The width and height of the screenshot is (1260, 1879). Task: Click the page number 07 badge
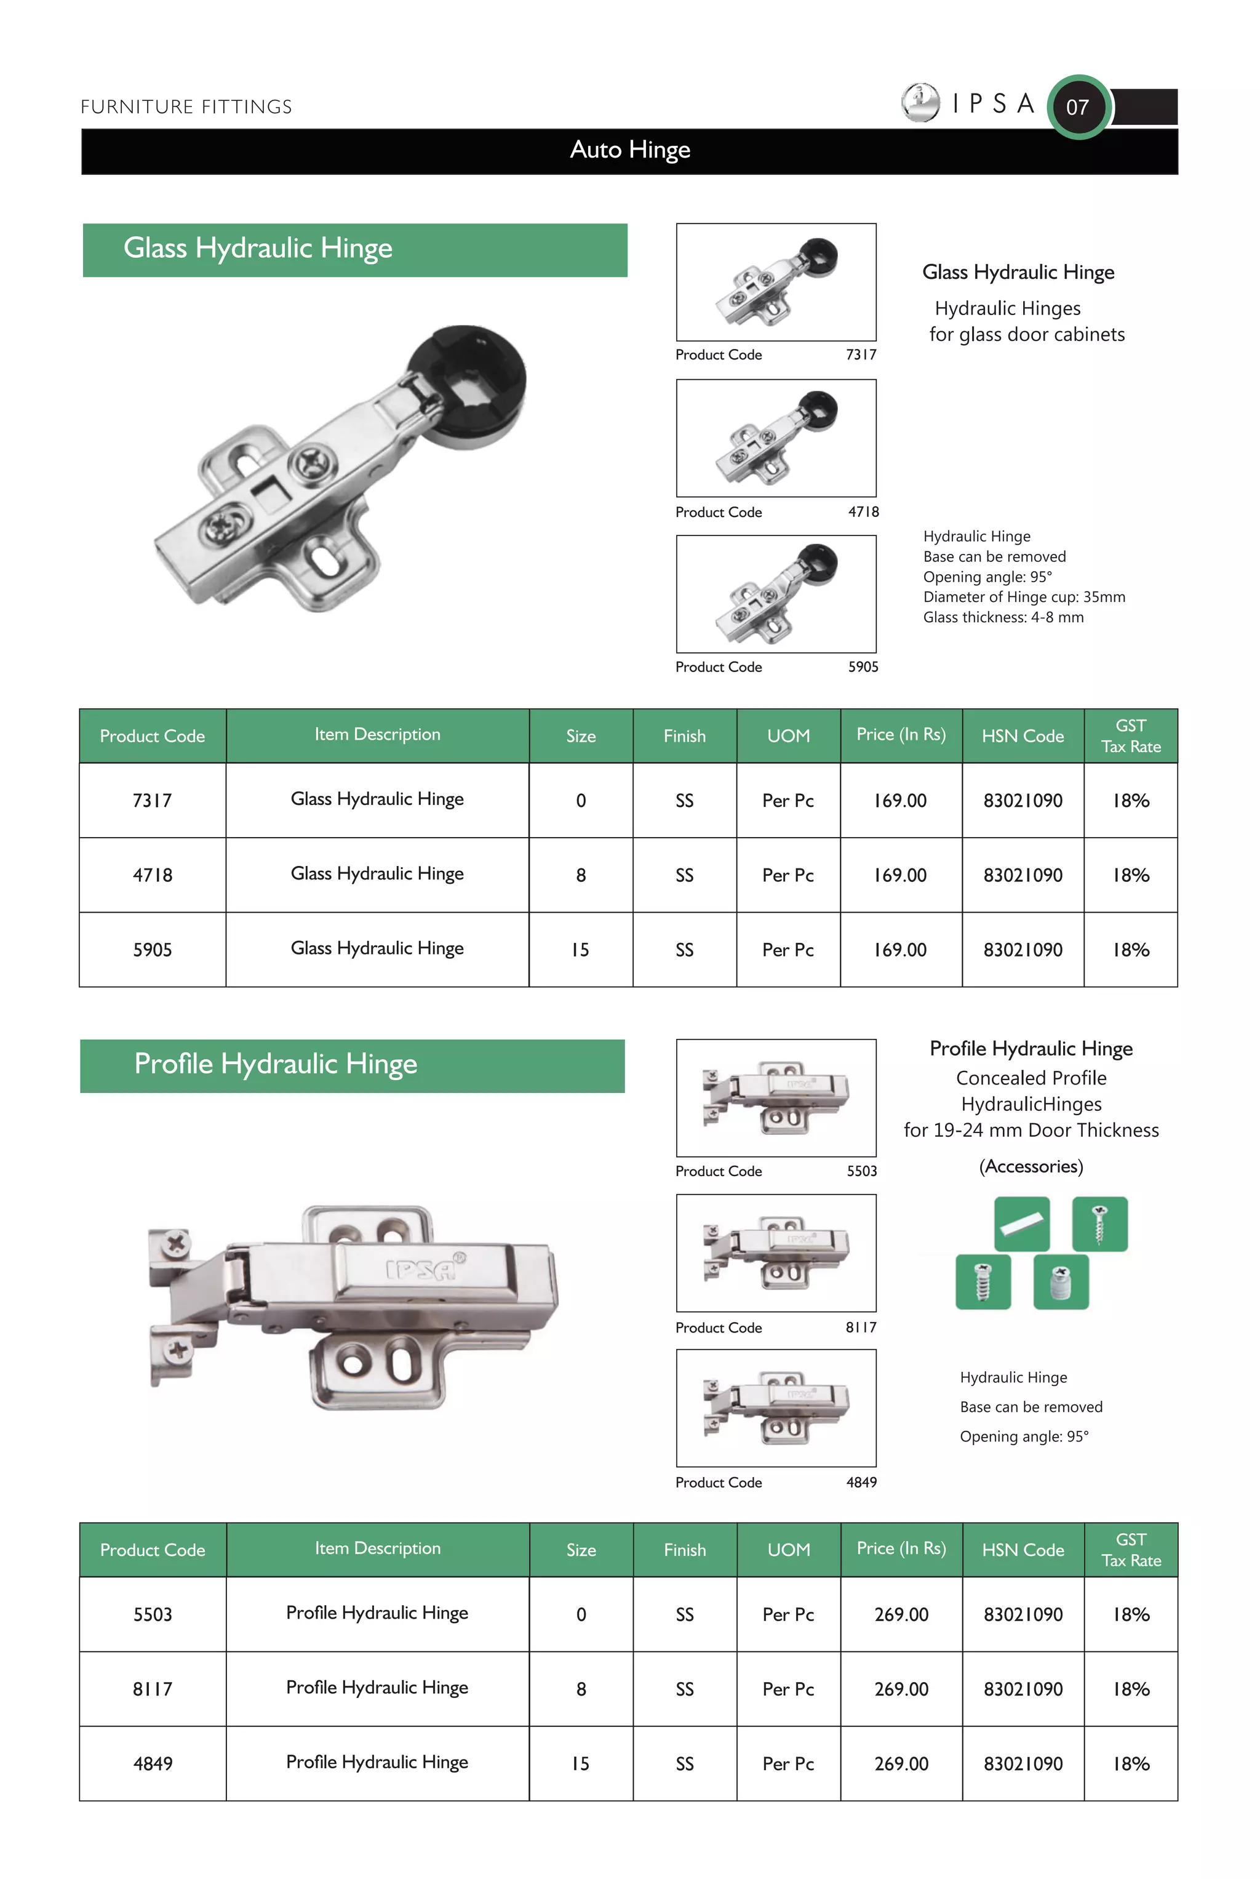click(x=1078, y=107)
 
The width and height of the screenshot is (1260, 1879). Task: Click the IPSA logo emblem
click(x=920, y=102)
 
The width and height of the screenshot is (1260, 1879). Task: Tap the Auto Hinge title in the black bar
click(x=630, y=150)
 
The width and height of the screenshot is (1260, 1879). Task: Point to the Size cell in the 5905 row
click(x=580, y=950)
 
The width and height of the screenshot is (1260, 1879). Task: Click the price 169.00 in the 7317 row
click(x=900, y=801)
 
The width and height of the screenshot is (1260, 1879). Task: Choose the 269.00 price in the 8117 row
click(x=901, y=1689)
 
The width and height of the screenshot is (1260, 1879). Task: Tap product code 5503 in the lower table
click(x=153, y=1614)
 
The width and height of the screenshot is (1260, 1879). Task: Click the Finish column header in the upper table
click(x=684, y=736)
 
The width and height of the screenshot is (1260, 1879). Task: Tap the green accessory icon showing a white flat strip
click(x=1021, y=1223)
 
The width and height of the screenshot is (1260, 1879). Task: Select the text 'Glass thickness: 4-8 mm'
click(x=1003, y=617)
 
